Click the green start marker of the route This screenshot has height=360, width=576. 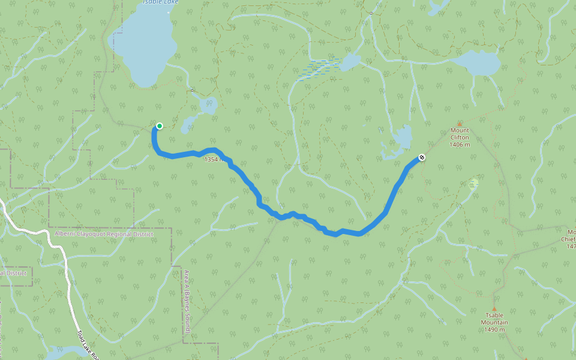(160, 125)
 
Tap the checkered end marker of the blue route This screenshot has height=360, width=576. (422, 157)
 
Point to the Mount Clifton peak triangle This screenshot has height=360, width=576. (460, 123)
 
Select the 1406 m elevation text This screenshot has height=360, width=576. (460, 144)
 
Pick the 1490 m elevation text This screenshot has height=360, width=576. (494, 329)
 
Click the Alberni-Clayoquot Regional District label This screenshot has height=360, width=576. (103, 234)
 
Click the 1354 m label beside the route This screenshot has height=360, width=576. (214, 160)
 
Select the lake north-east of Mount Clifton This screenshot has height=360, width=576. (478, 63)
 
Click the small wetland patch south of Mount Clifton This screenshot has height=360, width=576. (473, 183)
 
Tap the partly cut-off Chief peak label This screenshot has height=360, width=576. (569, 238)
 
